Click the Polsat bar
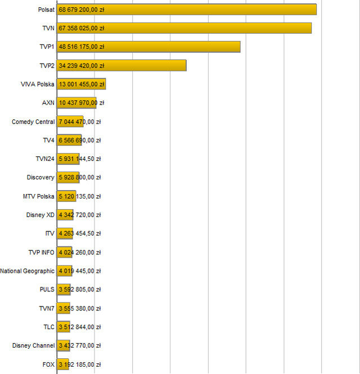(186, 10)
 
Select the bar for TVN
(184, 28)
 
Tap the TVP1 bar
(148, 47)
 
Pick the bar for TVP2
(121, 65)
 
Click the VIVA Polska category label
(37, 84)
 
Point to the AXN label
(48, 103)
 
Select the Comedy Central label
(33, 121)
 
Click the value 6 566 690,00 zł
(79, 140)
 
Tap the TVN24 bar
(68, 159)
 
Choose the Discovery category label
(40, 178)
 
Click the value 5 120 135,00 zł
(79, 196)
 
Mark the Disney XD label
(40, 215)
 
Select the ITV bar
(65, 233)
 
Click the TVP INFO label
(42, 252)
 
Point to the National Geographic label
(28, 271)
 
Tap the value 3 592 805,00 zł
(79, 290)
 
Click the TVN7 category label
(47, 308)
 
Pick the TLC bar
(64, 327)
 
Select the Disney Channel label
(34, 345)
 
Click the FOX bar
(63, 364)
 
